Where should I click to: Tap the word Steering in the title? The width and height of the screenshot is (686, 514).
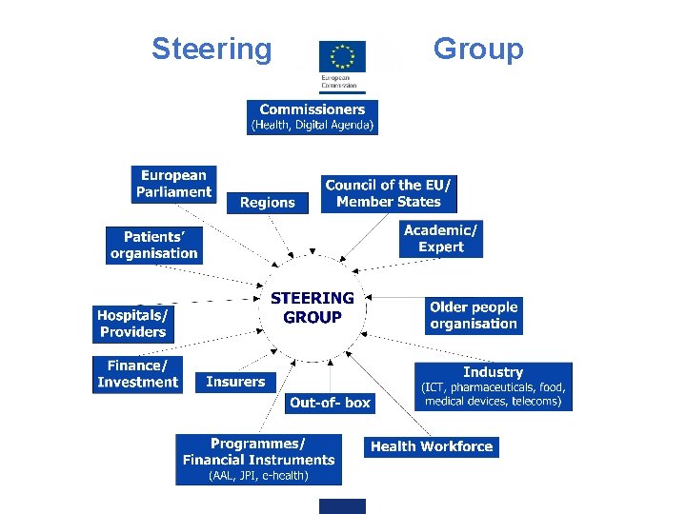(x=211, y=49)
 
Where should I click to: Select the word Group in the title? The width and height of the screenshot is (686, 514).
(x=478, y=49)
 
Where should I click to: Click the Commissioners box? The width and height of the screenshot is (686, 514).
(x=313, y=117)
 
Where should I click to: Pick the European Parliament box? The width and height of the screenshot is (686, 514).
(x=174, y=184)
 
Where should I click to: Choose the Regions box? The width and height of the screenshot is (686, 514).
(x=268, y=203)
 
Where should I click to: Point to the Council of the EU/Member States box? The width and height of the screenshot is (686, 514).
(x=389, y=193)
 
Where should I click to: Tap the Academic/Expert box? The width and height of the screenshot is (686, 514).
(x=441, y=238)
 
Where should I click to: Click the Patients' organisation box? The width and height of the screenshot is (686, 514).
(x=154, y=246)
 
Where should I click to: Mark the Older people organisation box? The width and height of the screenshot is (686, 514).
(x=474, y=315)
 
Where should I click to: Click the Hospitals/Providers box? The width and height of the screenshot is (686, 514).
(x=133, y=324)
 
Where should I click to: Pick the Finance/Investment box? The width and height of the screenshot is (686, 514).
(x=137, y=374)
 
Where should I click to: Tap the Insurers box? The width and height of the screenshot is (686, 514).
(x=235, y=382)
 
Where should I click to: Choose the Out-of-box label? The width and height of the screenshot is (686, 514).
(x=330, y=403)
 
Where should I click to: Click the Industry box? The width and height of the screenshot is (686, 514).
(x=494, y=386)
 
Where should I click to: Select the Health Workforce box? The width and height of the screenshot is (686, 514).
(x=432, y=446)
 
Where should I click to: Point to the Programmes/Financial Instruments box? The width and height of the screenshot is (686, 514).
(x=258, y=453)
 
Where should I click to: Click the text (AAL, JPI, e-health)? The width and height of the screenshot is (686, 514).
(x=258, y=476)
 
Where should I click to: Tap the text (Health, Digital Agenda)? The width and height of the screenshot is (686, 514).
(x=313, y=125)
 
